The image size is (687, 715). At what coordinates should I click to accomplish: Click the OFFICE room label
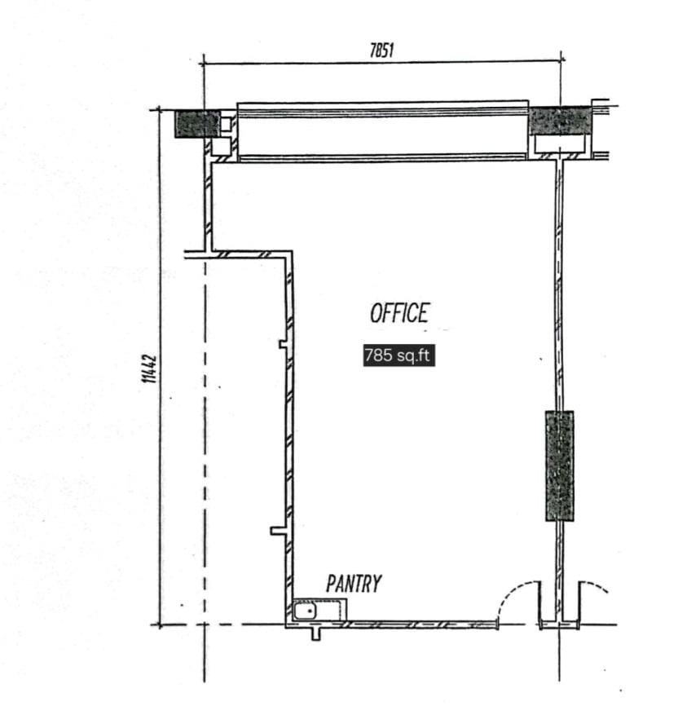399,313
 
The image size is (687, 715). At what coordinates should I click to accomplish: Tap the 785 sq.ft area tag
399,355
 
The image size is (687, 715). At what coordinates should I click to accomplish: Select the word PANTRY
354,584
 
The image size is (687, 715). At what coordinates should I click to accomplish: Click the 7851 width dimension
381,50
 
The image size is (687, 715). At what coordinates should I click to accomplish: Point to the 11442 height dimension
150,369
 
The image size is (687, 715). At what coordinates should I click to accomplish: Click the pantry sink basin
306,611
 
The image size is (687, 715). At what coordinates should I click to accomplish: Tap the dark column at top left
197,124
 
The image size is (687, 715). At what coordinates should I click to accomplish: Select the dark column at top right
560,121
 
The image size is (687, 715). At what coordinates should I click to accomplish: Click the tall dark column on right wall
560,466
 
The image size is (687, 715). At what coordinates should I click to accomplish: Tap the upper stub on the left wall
284,344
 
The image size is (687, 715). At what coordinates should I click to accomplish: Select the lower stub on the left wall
279,531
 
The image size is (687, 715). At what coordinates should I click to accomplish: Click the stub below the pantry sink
316,634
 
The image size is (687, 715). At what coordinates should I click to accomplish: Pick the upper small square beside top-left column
226,125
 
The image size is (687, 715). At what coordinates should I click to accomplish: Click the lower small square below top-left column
222,147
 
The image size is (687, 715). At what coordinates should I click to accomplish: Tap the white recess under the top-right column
560,144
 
